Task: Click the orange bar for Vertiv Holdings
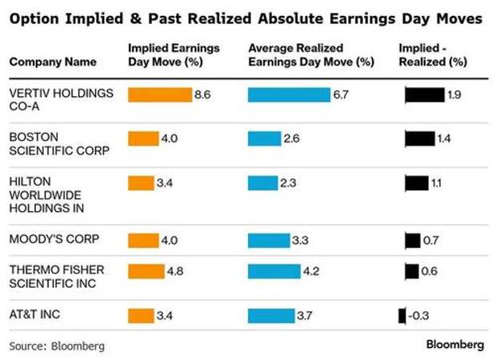(160, 94)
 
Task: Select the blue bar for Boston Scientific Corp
(264, 138)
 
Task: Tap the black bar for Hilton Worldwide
(417, 183)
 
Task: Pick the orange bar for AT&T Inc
(140, 315)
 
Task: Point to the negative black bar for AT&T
(402, 315)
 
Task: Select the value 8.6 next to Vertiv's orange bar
(202, 94)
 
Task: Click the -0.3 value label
(418, 315)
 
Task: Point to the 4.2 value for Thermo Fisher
(311, 270)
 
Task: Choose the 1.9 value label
(454, 94)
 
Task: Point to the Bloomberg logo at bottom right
(454, 346)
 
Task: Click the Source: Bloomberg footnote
(57, 346)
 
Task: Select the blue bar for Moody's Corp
(267, 239)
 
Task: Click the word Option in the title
(34, 16)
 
